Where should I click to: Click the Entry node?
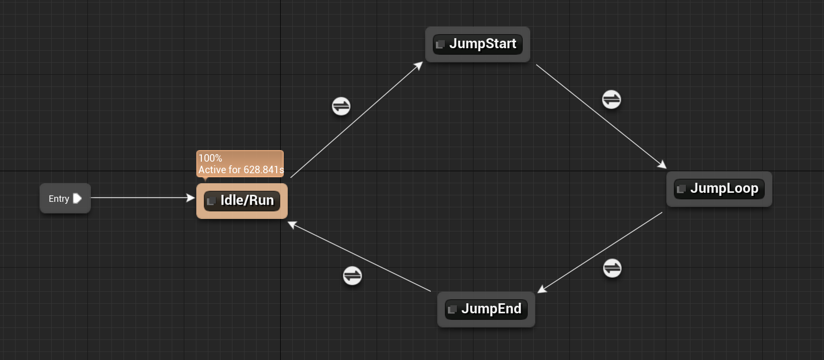(59, 199)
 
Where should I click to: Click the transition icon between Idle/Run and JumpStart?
(341, 106)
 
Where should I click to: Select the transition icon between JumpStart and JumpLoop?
(611, 99)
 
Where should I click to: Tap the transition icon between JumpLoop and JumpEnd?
(612, 268)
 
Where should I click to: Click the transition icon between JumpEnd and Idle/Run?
(352, 276)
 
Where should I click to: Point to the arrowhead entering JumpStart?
(419, 66)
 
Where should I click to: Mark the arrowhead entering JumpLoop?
(662, 164)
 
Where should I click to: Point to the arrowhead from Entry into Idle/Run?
(190, 198)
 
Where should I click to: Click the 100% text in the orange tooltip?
(210, 158)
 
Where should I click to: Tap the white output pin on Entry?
(77, 198)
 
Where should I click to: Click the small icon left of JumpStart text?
(440, 44)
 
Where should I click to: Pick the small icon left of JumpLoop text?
(681, 189)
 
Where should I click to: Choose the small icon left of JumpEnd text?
(452, 309)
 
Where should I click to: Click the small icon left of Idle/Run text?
(211, 201)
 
